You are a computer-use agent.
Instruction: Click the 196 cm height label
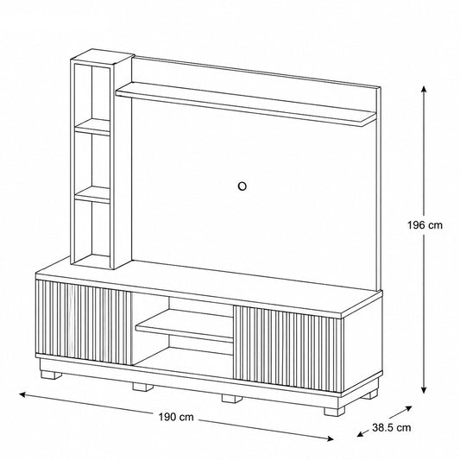[425, 225]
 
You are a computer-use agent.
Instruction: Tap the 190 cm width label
[176, 417]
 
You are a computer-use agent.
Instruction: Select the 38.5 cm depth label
[391, 427]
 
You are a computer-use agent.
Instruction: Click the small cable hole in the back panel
[242, 186]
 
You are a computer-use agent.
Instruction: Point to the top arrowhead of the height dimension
[424, 89]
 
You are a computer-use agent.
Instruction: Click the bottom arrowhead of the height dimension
[424, 389]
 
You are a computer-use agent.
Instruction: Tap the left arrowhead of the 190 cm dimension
[23, 394]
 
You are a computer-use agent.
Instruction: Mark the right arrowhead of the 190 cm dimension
[330, 438]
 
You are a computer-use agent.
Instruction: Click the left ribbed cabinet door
[84, 322]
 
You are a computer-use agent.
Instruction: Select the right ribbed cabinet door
[287, 349]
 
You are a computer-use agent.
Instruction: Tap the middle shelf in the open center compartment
[184, 325]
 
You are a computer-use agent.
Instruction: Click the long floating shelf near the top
[246, 104]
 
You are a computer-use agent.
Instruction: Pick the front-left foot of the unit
[51, 375]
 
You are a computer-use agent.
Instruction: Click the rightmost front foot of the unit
[335, 412]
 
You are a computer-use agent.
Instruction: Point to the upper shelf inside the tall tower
[92, 127]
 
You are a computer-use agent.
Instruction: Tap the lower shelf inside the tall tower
[92, 195]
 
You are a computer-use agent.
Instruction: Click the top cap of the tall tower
[103, 56]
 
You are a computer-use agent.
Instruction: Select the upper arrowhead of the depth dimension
[408, 408]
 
